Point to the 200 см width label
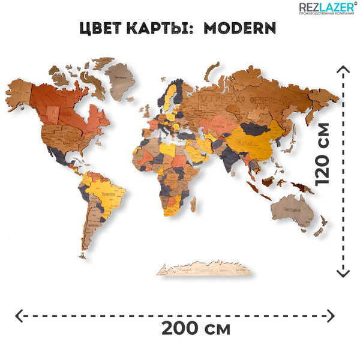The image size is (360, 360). [x=196, y=329]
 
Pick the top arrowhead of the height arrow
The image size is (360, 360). [x=343, y=68]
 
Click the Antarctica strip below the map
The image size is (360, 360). [x=204, y=270]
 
